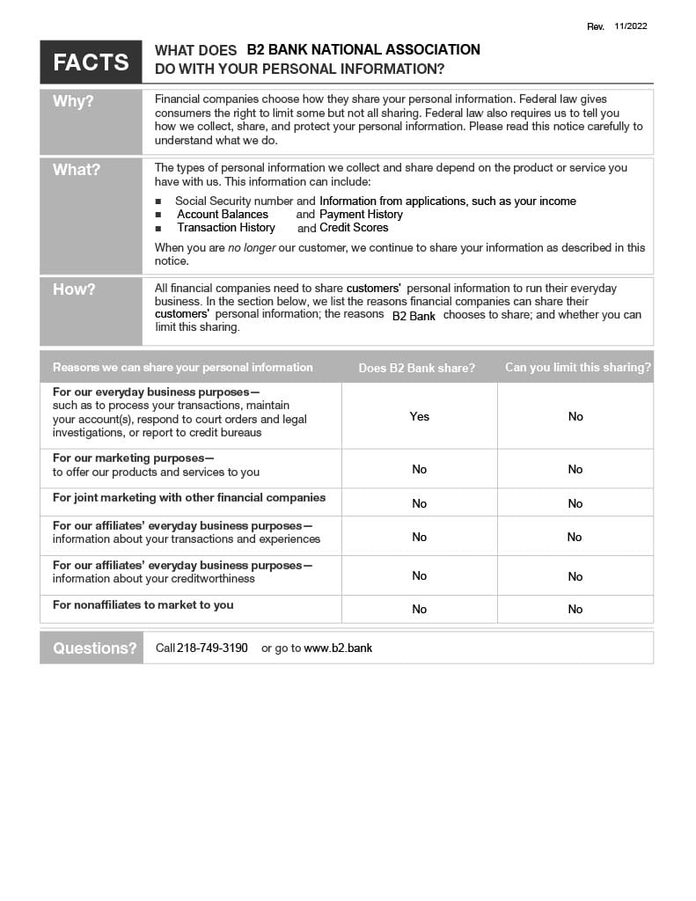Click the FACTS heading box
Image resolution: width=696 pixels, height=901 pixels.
point(91,62)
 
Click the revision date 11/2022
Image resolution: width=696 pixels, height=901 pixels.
point(631,26)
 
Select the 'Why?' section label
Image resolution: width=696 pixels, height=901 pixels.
point(73,101)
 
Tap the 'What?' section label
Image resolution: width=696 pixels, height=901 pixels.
point(77,170)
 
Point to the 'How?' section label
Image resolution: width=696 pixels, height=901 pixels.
point(74,289)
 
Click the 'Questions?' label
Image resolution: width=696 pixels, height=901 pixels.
point(94,648)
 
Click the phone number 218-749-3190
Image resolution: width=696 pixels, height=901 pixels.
point(212,648)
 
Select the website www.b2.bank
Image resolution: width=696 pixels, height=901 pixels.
point(338,648)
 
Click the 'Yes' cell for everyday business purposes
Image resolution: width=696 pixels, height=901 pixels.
point(419,416)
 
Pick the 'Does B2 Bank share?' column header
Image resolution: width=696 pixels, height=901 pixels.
point(416,368)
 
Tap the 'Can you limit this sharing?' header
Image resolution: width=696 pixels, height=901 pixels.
point(578,367)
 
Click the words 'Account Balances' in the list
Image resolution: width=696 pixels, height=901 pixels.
point(223,215)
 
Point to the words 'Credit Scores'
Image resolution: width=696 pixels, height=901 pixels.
point(354,228)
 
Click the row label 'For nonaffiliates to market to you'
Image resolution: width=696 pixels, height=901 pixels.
point(143,605)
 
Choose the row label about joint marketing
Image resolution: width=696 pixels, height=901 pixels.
point(189,498)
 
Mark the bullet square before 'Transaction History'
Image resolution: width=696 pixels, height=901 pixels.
point(158,228)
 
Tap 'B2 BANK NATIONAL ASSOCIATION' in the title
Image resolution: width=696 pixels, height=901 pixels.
point(363,50)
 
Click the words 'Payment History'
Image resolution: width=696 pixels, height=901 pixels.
point(361,215)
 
